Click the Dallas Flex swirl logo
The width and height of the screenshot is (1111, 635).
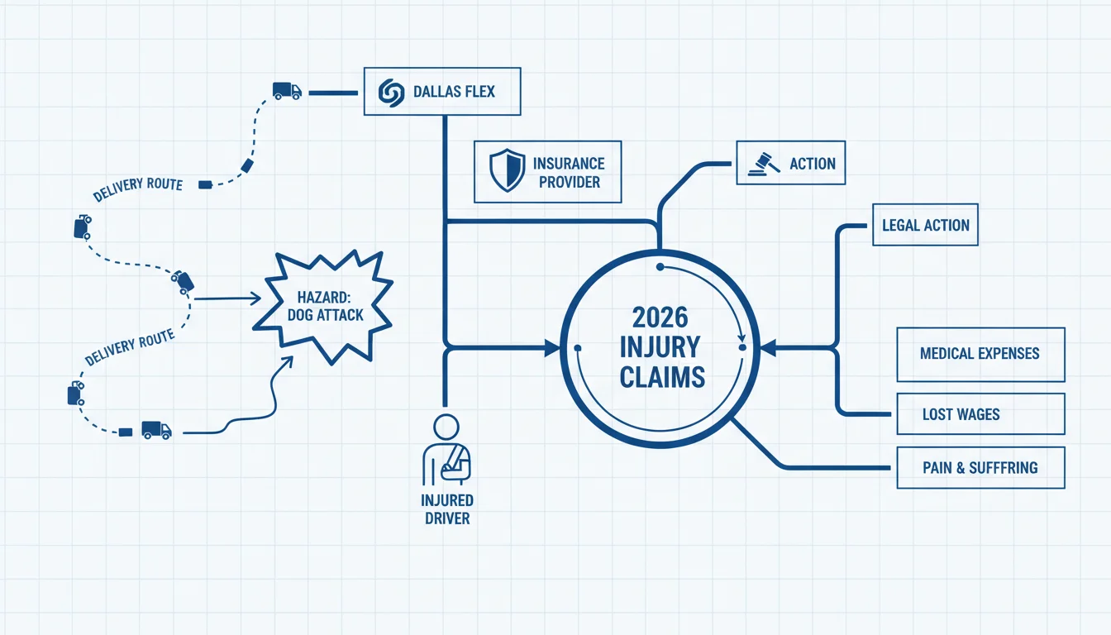coord(391,93)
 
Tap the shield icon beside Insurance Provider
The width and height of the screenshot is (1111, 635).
coord(507,170)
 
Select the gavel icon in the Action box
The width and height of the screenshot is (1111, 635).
coord(764,164)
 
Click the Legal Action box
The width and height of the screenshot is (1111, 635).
coord(926,225)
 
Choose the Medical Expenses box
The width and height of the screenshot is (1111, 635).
coord(980,354)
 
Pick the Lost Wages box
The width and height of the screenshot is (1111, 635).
coord(980,413)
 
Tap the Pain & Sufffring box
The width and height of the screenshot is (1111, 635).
coord(980,468)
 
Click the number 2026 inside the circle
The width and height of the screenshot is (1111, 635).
coord(660,317)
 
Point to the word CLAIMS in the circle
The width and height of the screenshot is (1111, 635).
coord(662,377)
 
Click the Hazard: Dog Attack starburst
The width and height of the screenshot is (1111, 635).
coord(323,306)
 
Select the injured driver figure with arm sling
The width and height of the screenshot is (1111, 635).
coord(446,450)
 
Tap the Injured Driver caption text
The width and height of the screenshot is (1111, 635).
coord(447,509)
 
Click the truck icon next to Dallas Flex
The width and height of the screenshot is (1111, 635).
coord(287,91)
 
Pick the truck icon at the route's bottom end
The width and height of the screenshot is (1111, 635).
coord(157,430)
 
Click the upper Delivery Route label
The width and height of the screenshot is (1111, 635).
coord(138,189)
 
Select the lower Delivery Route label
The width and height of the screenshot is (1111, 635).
coord(130,346)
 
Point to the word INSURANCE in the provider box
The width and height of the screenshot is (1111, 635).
coord(569,164)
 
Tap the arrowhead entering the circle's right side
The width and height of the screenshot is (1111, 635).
coord(768,348)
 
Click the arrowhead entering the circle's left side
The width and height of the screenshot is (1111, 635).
coord(552,348)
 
